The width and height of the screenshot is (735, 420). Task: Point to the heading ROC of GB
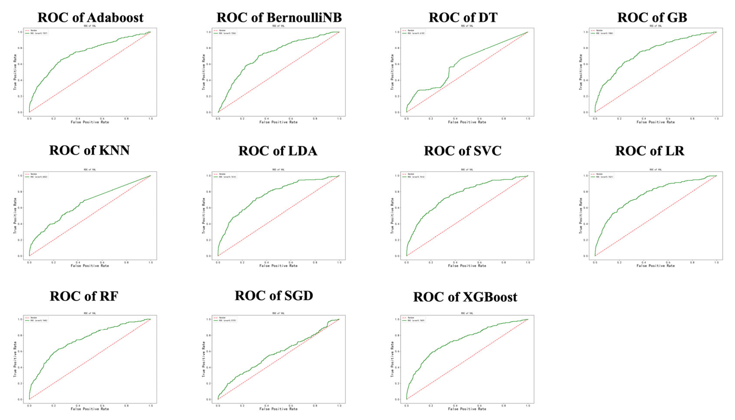pos(652,18)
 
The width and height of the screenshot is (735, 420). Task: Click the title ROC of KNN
pos(89,150)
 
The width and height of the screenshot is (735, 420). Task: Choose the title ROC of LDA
pos(278,151)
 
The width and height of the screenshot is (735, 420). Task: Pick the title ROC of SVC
pos(463,151)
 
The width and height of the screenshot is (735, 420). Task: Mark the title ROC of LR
pos(649,151)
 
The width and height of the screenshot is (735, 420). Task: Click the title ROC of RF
pos(84,296)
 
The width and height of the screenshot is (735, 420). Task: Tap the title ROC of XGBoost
pos(465,297)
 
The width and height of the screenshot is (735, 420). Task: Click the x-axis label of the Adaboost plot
pos(90,122)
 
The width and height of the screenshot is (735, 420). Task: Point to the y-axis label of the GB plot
pos(581,72)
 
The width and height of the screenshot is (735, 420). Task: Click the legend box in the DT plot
pos(413,32)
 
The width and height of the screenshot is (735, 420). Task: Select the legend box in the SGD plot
pos(225,319)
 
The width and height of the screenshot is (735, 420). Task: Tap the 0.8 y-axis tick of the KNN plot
pos(20,192)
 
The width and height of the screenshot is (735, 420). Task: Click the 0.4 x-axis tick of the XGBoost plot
pos(455,406)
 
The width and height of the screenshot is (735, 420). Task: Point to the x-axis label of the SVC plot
pos(467,266)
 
